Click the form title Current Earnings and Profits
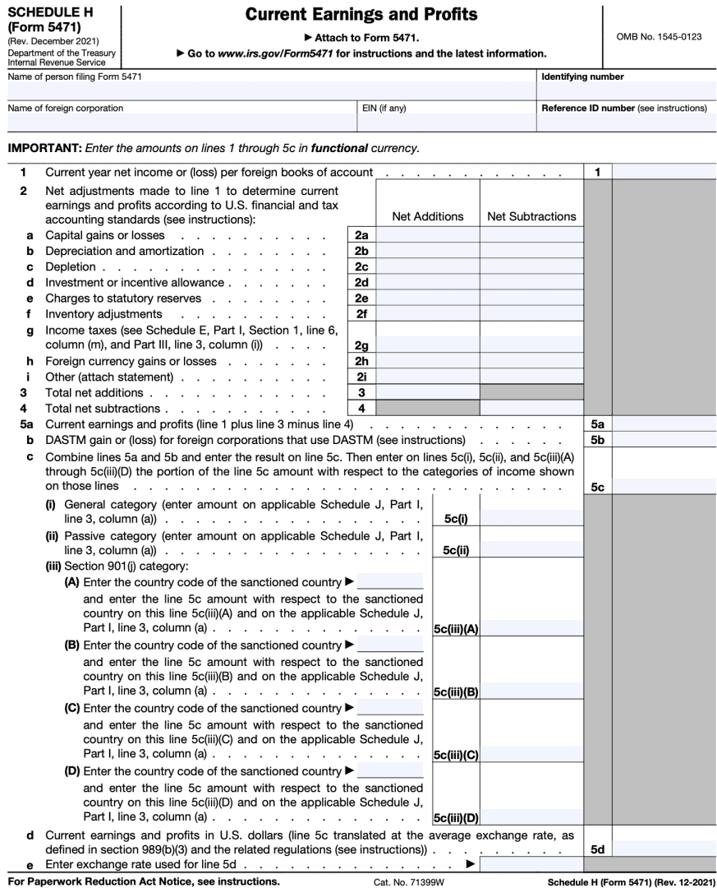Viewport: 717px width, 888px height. [361, 15]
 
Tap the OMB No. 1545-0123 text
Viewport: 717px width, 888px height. [659, 37]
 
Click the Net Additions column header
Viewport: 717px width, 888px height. [427, 216]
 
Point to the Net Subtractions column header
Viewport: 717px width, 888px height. [531, 216]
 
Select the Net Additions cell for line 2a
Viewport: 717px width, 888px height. [427, 235]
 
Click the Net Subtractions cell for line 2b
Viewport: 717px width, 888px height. [531, 251]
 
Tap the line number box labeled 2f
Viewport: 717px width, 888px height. [361, 314]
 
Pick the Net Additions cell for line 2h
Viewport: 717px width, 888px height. [427, 361]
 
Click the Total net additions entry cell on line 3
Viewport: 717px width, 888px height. [427, 393]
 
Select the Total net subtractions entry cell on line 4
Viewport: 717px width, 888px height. [531, 409]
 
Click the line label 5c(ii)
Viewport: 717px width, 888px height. [456, 550]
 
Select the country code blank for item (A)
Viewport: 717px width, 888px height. [390, 581]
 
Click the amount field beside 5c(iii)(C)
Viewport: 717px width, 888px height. [531, 754]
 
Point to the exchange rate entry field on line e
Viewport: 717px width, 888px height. [531, 864]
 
